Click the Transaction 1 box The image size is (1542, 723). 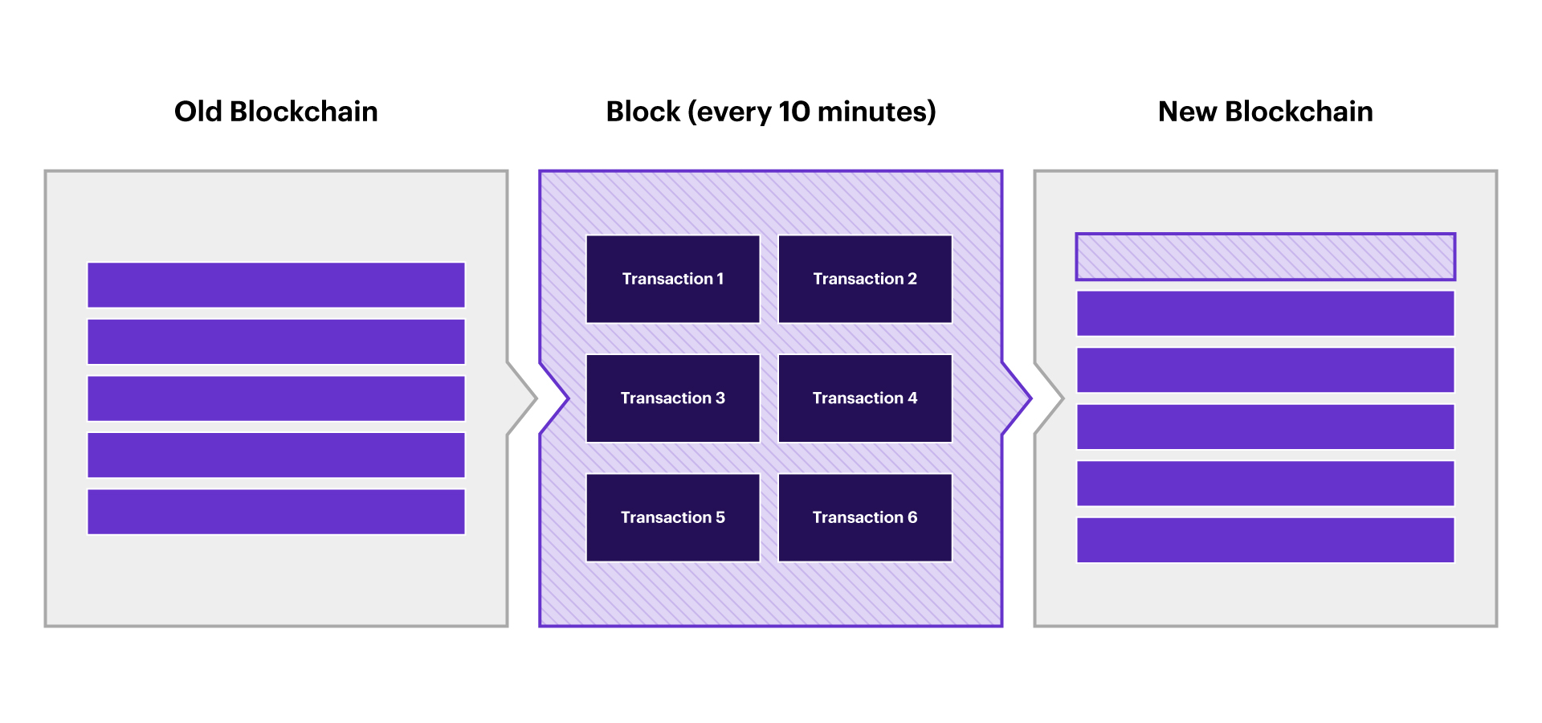click(x=673, y=279)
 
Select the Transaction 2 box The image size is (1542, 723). click(x=865, y=279)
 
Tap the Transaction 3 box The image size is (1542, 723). click(x=673, y=398)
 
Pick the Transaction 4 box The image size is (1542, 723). click(x=865, y=398)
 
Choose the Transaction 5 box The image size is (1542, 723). click(x=673, y=517)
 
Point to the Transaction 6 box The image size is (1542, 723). click(x=865, y=517)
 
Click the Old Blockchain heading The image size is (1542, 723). click(x=275, y=112)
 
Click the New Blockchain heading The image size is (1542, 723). click(x=1265, y=112)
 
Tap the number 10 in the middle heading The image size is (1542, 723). click(x=794, y=112)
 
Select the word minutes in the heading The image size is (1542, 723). click(x=872, y=112)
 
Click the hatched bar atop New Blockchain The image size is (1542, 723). click(x=1265, y=257)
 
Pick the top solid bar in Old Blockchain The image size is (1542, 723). click(x=275, y=285)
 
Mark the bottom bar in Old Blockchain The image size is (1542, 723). click(x=275, y=512)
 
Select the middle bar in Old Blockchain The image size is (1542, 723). click(x=275, y=398)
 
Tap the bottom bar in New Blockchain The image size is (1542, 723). click(x=1265, y=540)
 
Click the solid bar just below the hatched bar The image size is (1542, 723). click(x=1265, y=313)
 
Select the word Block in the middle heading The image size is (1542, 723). click(x=643, y=112)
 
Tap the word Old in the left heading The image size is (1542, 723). click(x=198, y=112)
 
